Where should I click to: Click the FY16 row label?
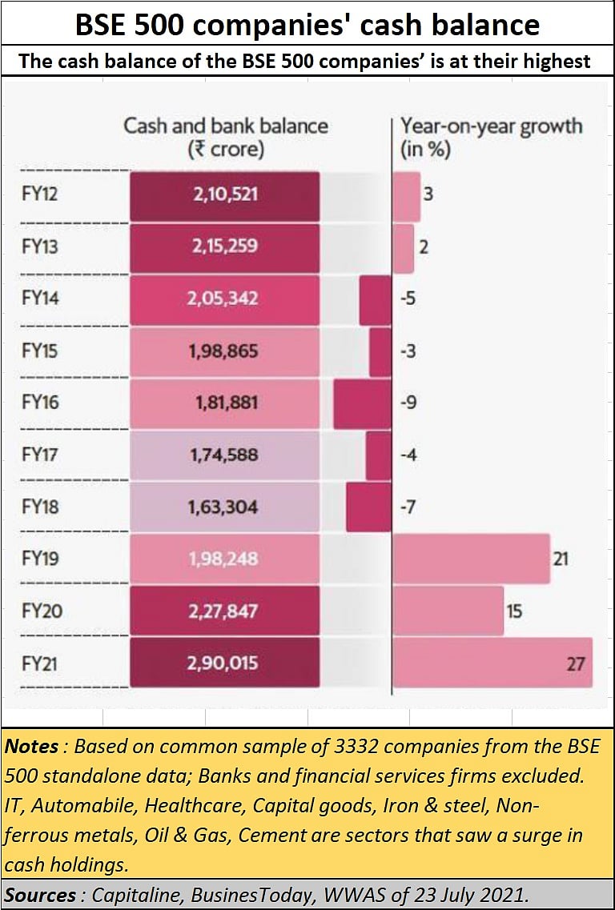click(x=40, y=403)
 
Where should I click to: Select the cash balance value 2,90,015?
click(x=225, y=663)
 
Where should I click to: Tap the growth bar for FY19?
click(x=471, y=559)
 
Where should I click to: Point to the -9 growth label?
click(x=408, y=403)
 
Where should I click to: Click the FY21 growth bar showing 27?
click(x=492, y=663)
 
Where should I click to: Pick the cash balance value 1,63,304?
click(x=225, y=507)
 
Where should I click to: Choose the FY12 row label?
click(x=40, y=194)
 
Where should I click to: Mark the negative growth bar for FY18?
click(x=368, y=507)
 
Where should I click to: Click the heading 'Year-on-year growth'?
click(x=491, y=126)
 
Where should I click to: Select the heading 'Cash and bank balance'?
click(x=225, y=126)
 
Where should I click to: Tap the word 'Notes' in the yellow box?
click(x=32, y=747)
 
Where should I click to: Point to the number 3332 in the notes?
click(x=323, y=747)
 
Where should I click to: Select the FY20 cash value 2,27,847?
click(x=225, y=611)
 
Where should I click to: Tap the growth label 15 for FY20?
click(x=514, y=611)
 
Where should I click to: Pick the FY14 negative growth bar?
click(x=375, y=299)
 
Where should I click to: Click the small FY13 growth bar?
click(x=403, y=247)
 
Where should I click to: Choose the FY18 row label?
click(x=40, y=507)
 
